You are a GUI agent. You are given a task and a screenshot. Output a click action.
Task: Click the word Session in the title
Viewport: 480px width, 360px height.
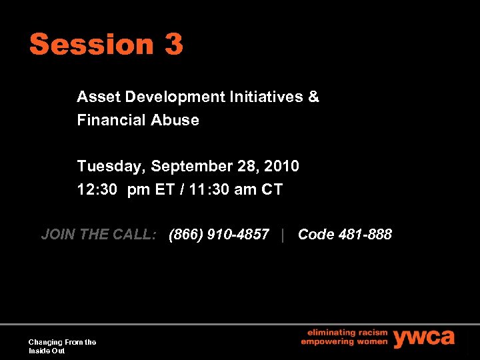(x=91, y=45)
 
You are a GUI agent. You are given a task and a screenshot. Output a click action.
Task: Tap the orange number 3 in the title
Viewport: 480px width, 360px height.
(x=173, y=45)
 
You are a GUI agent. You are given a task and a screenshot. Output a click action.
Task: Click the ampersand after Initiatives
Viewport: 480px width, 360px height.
(x=314, y=97)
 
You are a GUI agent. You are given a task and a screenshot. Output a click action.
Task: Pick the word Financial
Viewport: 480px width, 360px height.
(x=110, y=121)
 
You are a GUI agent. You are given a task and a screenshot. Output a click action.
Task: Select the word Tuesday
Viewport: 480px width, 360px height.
(x=111, y=166)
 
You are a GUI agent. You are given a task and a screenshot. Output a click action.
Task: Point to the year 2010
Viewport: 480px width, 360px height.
(x=282, y=166)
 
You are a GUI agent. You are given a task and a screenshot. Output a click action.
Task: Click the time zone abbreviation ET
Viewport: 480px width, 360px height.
(x=165, y=190)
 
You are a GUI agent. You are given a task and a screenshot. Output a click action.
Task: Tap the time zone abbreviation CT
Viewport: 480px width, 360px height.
(x=272, y=190)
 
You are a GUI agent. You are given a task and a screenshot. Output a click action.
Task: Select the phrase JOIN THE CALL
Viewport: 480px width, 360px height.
(x=99, y=235)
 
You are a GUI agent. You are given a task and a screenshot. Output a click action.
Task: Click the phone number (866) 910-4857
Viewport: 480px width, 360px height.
(x=219, y=235)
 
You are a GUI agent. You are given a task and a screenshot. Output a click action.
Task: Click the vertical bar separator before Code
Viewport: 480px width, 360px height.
(x=283, y=235)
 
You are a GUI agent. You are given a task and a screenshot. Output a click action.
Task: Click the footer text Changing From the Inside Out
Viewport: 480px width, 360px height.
(x=62, y=346)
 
